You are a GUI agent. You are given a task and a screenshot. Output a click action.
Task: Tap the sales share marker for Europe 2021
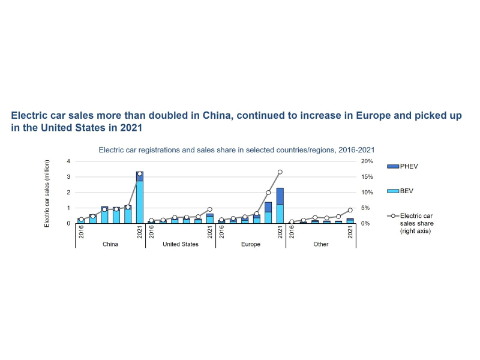(x=280, y=172)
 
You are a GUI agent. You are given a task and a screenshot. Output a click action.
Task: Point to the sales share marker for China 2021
(x=140, y=174)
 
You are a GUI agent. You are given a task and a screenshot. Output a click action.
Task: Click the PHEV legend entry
(x=409, y=165)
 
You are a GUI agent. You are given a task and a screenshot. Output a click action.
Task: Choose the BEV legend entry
(x=407, y=191)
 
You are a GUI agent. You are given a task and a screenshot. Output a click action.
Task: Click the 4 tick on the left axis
(x=68, y=161)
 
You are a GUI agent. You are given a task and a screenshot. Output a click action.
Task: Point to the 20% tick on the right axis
(x=366, y=161)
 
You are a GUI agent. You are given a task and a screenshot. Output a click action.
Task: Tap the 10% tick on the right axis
(x=366, y=193)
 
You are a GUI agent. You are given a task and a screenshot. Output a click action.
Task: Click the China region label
(x=110, y=245)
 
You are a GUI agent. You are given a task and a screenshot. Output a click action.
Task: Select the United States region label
(x=181, y=245)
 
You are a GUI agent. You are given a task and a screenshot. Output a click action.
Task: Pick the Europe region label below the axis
(x=251, y=245)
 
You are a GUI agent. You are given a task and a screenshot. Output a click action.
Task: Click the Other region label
(x=321, y=245)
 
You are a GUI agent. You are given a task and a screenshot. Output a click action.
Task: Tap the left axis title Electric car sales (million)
(x=47, y=193)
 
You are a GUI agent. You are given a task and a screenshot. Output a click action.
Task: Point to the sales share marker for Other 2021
(x=350, y=211)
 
